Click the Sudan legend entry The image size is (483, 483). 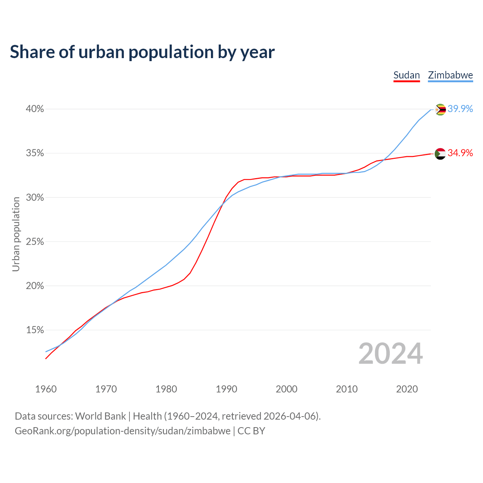pos(406,75)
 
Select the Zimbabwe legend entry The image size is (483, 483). pos(450,75)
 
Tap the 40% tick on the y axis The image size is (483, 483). pos(35,109)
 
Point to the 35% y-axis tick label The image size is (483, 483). pos(35,153)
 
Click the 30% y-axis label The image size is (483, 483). pos(35,197)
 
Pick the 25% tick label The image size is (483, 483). pos(35,241)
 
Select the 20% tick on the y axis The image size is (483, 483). pos(35,286)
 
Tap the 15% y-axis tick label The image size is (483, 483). pos(35,330)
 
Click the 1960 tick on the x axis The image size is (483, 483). pos(46,389)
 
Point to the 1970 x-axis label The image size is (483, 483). pos(106,389)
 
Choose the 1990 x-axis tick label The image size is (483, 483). pos(226,389)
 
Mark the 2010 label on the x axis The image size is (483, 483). pos(347,389)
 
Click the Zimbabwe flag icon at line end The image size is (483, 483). pos(440,109)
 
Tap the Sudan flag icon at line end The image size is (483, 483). pos(440,154)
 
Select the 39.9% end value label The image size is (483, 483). pos(460,109)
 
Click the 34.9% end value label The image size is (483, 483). pos(460,153)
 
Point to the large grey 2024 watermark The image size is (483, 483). pos(391,354)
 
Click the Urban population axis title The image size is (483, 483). pos(16,234)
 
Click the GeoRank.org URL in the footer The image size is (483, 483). pos(123,431)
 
